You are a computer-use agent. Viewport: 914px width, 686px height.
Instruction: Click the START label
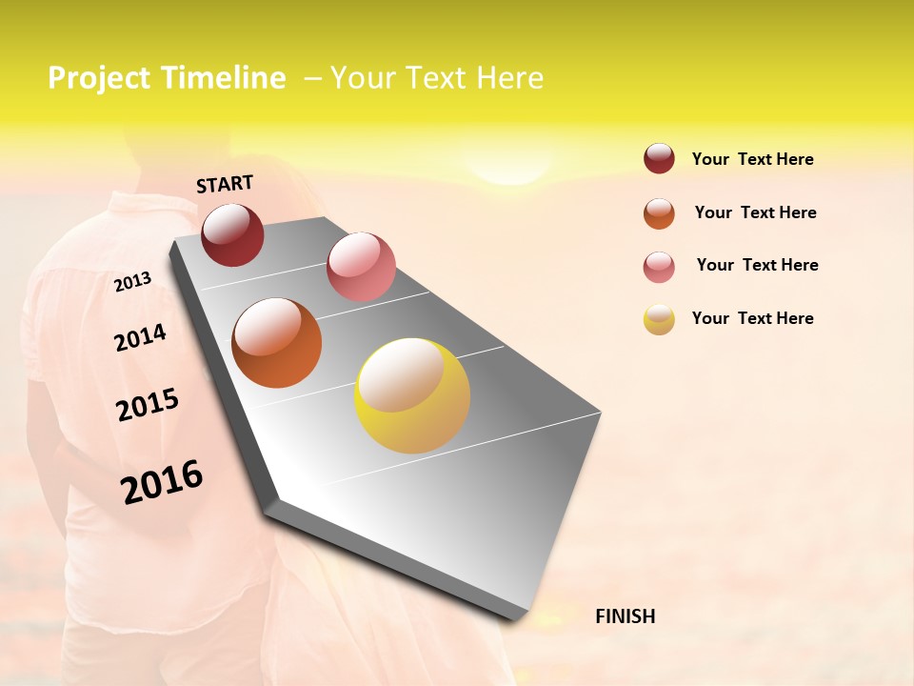[225, 184]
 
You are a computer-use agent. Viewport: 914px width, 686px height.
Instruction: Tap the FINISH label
[625, 616]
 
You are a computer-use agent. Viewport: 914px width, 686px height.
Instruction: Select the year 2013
[132, 282]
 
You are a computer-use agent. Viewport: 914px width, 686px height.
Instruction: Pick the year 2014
[140, 337]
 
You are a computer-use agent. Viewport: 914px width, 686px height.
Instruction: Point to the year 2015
[148, 405]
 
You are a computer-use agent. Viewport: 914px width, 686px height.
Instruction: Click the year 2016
[162, 481]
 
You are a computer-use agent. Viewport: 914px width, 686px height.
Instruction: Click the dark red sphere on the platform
[232, 234]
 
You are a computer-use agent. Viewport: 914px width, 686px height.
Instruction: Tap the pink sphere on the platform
[361, 267]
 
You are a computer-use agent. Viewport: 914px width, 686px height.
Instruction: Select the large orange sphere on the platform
[276, 343]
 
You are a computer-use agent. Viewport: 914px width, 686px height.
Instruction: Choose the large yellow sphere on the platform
[412, 395]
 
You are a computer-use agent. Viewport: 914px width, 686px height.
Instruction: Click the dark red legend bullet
[659, 158]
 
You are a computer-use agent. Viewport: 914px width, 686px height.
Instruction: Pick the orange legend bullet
[659, 213]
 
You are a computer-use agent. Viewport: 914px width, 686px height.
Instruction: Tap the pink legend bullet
[659, 267]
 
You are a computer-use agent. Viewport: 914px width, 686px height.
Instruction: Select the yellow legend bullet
[659, 319]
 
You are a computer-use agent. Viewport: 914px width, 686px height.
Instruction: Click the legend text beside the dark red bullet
[752, 159]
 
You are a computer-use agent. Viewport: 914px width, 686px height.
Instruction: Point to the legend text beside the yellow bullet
[752, 318]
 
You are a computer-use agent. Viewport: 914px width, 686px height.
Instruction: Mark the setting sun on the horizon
[512, 172]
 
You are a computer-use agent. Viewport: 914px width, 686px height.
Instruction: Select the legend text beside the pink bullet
[757, 265]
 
